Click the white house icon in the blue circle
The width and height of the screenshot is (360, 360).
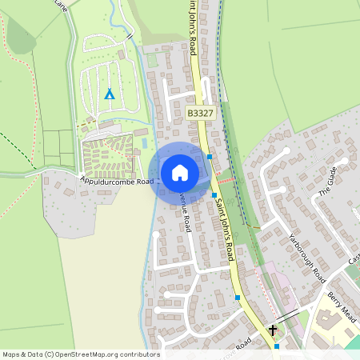tap(180, 172)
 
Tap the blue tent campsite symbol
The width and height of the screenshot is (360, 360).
tap(110, 94)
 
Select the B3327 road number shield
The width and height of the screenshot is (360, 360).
tap(200, 114)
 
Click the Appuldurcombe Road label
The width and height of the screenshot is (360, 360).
tap(116, 182)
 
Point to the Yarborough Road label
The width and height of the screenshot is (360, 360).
tap(309, 254)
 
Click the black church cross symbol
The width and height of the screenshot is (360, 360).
tap(273, 330)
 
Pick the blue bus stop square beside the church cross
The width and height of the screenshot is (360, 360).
tap(277, 346)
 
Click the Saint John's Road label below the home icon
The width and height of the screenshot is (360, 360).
tap(223, 232)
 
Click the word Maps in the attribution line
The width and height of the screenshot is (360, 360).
tap(11, 354)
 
